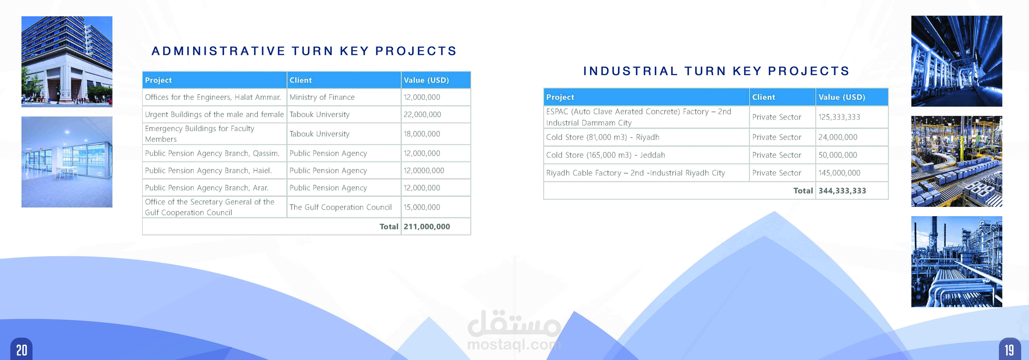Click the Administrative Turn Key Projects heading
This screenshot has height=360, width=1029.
pyautogui.click(x=304, y=51)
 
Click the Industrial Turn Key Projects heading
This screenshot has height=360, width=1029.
pyautogui.click(x=716, y=71)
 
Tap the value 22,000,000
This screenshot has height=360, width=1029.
pyautogui.click(x=422, y=114)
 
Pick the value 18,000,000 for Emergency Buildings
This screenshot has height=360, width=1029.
pyautogui.click(x=422, y=134)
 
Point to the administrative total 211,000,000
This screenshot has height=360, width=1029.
pyautogui.click(x=427, y=226)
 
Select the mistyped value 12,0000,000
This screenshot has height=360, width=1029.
pyautogui.click(x=424, y=171)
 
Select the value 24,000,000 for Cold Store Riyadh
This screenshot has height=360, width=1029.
pyautogui.click(x=838, y=137)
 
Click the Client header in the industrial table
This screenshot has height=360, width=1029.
pyautogui.click(x=763, y=97)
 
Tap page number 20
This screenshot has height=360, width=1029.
pyautogui.click(x=22, y=350)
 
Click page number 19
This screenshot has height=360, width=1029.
pyautogui.click(x=1009, y=350)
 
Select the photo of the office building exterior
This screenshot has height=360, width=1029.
pyautogui.click(x=67, y=62)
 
